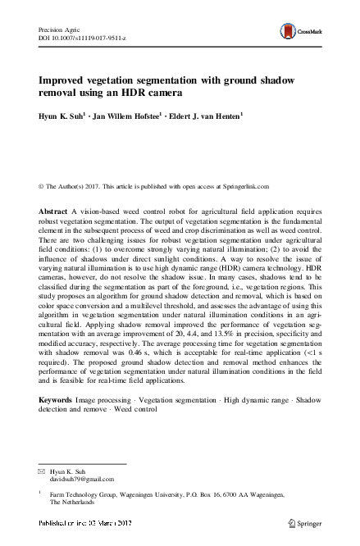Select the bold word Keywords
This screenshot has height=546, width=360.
[57, 399]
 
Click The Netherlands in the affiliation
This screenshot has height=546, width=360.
[81, 504]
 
